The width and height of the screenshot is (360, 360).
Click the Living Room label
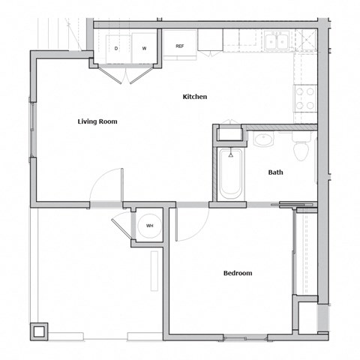coord(97,121)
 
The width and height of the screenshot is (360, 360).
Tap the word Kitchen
coord(195,97)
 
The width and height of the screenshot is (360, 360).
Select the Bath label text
coord(275,172)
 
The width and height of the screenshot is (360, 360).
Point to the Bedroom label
coord(238,273)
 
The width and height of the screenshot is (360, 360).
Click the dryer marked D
coord(116,48)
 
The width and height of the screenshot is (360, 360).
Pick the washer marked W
coord(144,48)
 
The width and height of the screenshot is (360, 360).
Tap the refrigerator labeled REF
coord(180,45)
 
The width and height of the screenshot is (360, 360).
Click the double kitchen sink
coord(276,41)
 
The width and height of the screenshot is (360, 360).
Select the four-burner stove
coord(305,100)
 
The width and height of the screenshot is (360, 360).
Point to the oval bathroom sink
coord(264,139)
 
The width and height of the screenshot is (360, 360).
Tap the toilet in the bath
coord(301,148)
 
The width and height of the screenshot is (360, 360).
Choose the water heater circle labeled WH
coord(148,226)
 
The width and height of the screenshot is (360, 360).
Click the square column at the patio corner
coord(39,331)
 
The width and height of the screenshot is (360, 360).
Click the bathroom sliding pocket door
coord(297,204)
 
